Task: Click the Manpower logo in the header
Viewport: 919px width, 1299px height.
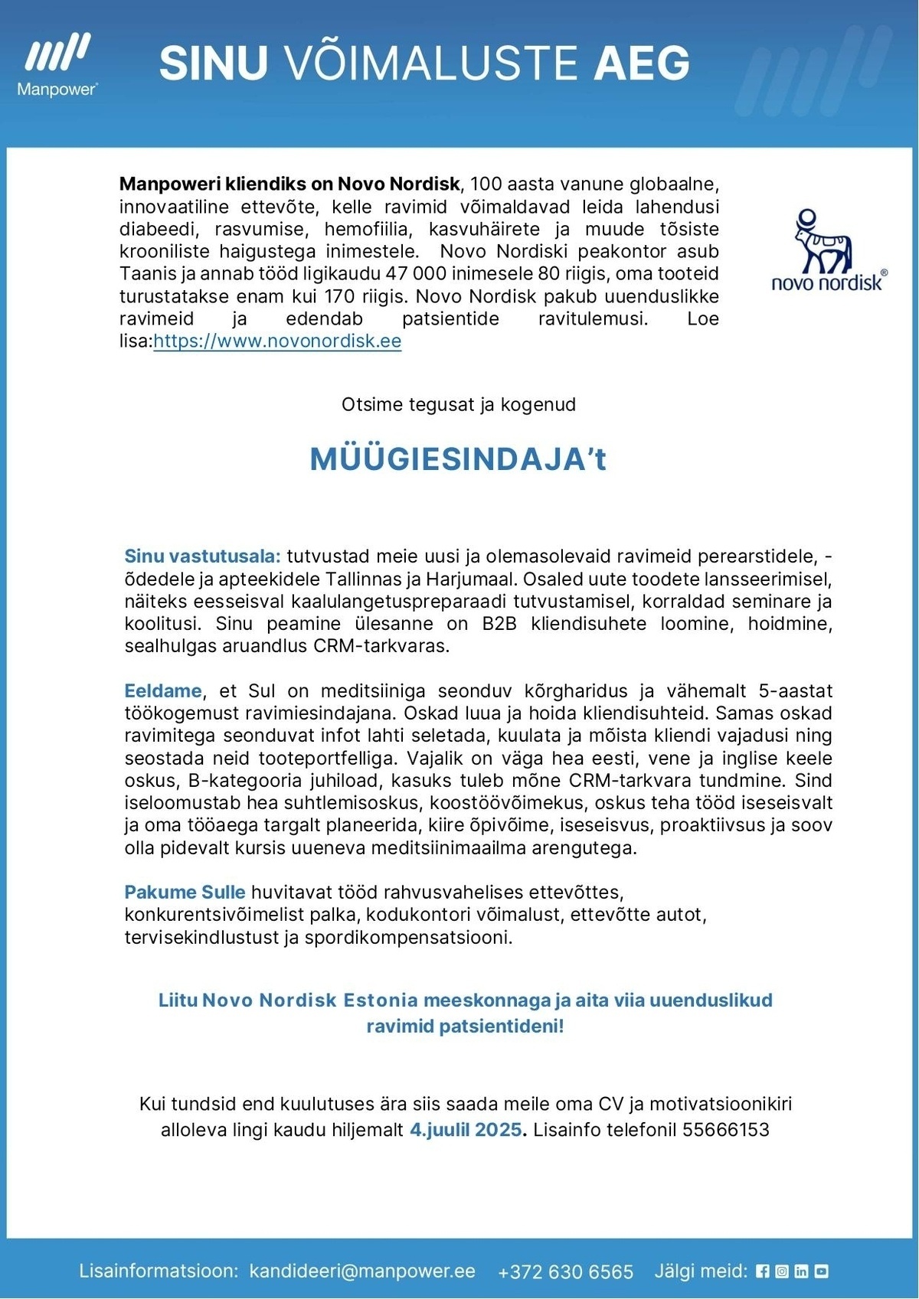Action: point(57,65)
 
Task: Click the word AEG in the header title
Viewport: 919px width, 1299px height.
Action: point(642,64)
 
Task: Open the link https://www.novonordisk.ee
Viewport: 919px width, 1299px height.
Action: point(277,341)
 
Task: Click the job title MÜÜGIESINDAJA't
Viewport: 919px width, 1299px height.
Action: point(458,459)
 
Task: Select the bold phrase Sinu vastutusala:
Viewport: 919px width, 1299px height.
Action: point(203,556)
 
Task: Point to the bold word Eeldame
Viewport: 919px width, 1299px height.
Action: point(163,691)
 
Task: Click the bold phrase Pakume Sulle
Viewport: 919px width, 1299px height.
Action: point(185,893)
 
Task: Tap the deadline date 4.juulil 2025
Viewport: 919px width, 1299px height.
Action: point(466,1130)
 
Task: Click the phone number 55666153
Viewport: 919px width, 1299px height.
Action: point(725,1130)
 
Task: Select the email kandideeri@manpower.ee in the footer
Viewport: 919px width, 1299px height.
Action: point(362,1271)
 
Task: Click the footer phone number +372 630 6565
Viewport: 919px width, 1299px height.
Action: point(565,1272)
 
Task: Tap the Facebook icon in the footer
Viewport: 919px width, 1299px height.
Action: point(762,1271)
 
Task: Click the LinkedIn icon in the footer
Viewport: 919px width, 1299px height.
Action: point(801,1271)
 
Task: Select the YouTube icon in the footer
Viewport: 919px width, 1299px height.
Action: point(821,1271)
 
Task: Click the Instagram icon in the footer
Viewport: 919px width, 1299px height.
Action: point(782,1271)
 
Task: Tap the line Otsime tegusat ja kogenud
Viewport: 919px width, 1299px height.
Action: point(458,405)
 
